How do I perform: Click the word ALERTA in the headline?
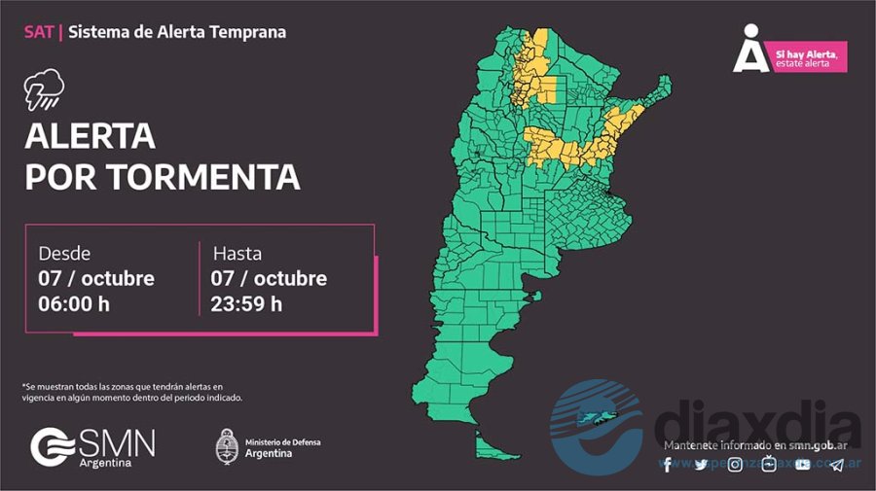(x=90, y=136)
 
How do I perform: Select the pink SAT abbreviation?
(x=38, y=32)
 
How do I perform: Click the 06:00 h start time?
(x=73, y=303)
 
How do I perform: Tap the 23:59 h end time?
(x=246, y=303)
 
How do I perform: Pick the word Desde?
(x=64, y=253)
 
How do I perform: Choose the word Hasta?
(x=237, y=253)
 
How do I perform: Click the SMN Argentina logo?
(x=92, y=447)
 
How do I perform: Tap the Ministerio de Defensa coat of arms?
(x=227, y=446)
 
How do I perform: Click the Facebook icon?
(x=668, y=465)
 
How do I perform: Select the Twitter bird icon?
(x=701, y=465)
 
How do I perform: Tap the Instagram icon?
(x=735, y=465)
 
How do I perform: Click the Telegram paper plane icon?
(x=837, y=465)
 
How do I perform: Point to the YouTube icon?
(x=802, y=465)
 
